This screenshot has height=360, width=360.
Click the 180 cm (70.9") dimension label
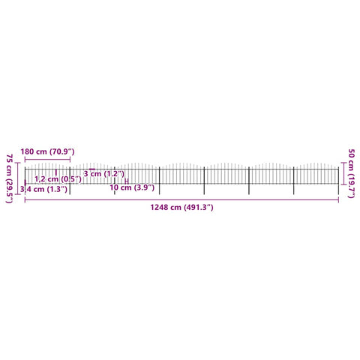point(47,151)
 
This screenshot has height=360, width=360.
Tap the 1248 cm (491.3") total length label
point(181,207)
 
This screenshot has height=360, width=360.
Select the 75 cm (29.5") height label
point(9,178)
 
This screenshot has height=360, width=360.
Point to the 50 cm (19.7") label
point(351,173)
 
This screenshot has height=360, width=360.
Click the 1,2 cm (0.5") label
point(58,179)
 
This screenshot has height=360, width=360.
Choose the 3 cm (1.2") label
point(103,173)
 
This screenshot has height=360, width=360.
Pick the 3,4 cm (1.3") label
point(43,189)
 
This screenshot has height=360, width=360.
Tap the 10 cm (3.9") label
point(132,187)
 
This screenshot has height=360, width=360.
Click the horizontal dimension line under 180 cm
point(47,159)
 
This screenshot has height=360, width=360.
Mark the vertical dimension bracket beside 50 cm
point(343,173)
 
